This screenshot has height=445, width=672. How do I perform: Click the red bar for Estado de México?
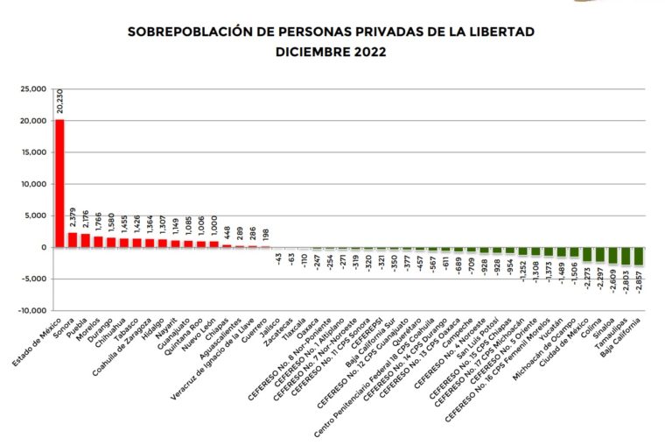pos(59,183)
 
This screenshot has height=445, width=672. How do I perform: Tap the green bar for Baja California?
pos(639,257)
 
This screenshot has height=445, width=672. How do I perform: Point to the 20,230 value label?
pos(59,100)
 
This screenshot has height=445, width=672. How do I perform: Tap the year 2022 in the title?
pos(367,52)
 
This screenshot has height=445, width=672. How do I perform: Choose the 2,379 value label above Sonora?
pos(73,218)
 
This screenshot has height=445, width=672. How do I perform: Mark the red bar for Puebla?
pos(85,241)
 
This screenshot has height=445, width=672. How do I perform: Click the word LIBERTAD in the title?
pos(500,32)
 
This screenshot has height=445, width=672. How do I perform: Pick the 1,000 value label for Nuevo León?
pos(213,225)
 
